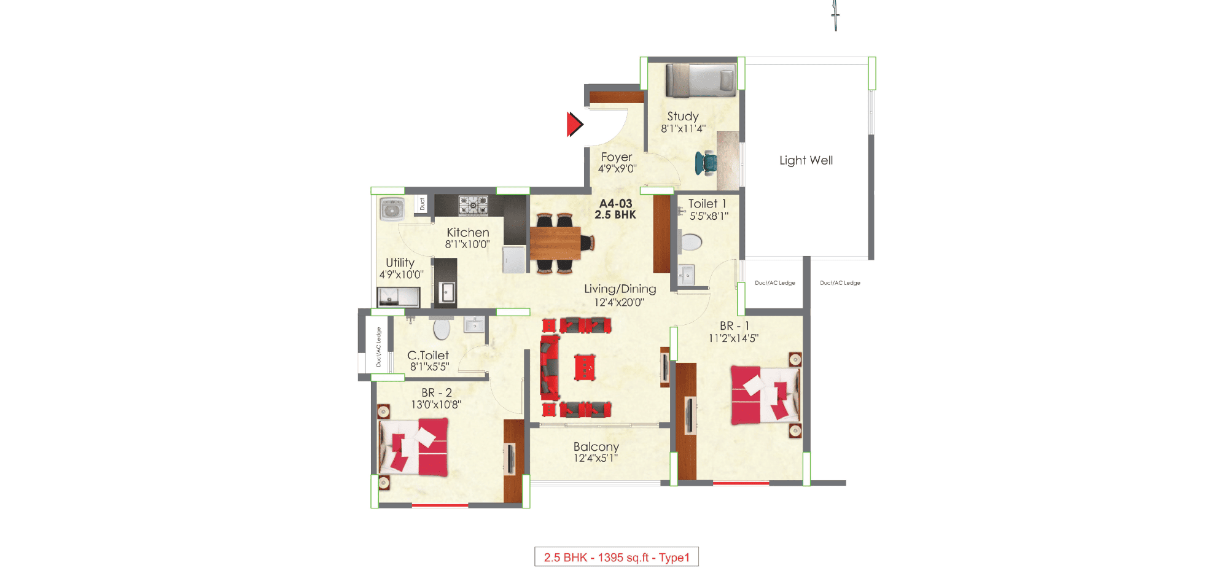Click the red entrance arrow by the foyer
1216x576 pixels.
[x=574, y=124]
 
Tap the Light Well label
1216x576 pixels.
[x=806, y=160]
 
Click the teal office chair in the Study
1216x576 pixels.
[x=706, y=163]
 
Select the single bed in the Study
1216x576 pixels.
[x=701, y=80]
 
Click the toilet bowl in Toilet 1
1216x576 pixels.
[x=691, y=242]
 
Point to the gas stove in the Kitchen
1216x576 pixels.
[x=473, y=205]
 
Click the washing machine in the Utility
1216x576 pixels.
[x=391, y=209]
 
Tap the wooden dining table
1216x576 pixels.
[x=555, y=243]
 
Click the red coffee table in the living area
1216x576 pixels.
[x=585, y=367]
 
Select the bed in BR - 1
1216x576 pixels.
[x=765, y=395]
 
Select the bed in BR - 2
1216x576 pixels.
[x=414, y=446]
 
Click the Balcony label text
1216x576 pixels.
[x=596, y=446]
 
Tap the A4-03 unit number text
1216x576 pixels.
[x=615, y=204]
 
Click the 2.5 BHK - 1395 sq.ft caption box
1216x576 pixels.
[x=617, y=557]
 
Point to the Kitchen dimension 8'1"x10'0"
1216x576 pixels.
[x=467, y=244]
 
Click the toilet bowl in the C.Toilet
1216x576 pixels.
[x=442, y=329]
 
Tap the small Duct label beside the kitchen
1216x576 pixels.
[x=422, y=204]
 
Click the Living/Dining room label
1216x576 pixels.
[x=620, y=289]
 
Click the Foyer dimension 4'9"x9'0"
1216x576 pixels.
[x=617, y=169]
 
